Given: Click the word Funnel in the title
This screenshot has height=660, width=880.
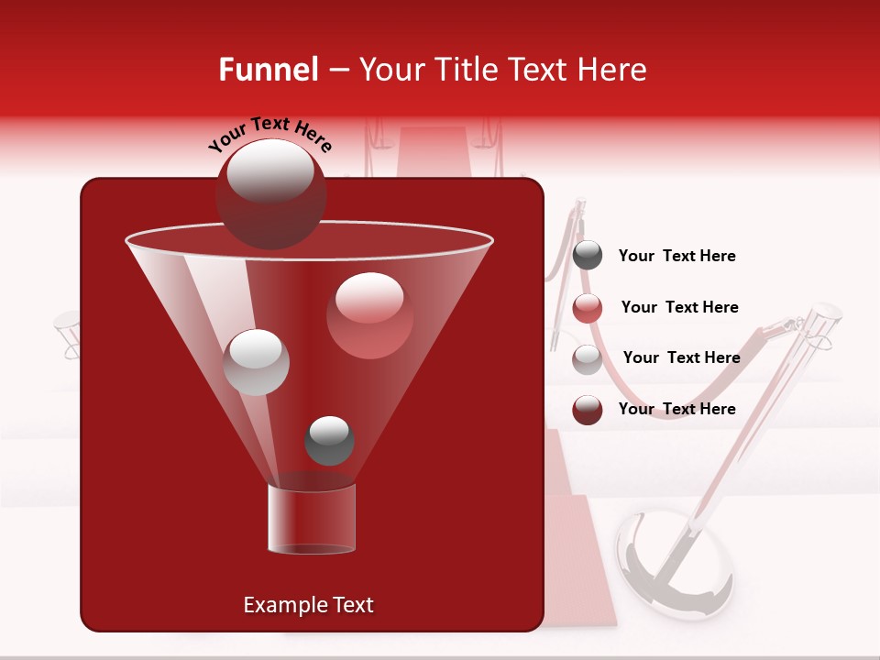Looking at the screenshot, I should click(268, 70).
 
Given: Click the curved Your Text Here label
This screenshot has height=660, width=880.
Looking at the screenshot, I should click(270, 133).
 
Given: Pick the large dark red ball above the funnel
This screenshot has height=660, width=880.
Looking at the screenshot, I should click(271, 193).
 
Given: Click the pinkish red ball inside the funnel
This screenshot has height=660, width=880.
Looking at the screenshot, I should click(369, 315).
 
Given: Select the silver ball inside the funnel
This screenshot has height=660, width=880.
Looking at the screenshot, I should click(257, 361).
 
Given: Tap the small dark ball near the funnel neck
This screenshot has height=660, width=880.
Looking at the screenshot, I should click(329, 440).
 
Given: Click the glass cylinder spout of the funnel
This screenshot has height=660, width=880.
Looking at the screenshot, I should click(311, 519).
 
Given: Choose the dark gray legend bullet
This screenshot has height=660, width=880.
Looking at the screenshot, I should click(588, 256).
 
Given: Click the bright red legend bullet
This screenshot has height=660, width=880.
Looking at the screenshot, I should click(588, 308).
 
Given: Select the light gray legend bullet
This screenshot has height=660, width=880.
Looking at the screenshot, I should click(588, 359).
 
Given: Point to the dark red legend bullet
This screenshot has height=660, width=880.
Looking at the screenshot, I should click(588, 410).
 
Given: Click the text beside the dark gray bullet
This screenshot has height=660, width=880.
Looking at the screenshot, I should click(677, 257).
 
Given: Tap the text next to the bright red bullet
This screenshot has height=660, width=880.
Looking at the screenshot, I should click(679, 308).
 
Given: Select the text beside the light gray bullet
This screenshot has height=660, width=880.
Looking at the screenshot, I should click(681, 358).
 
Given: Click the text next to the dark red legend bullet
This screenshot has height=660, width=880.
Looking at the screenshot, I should click(677, 409).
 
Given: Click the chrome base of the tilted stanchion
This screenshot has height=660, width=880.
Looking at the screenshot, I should click(675, 563).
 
